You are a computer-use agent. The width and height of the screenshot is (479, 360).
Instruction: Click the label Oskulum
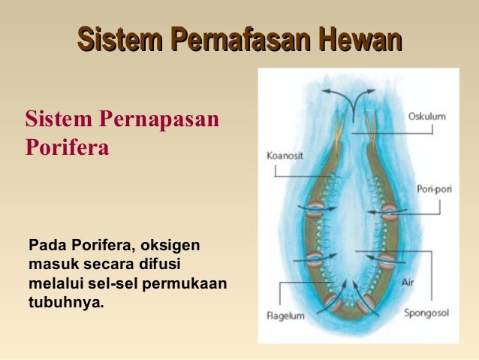click(x=426, y=116)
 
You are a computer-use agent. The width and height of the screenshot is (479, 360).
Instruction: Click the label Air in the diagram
click(x=407, y=282)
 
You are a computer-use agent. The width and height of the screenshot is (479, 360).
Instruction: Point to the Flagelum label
click(x=286, y=316)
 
